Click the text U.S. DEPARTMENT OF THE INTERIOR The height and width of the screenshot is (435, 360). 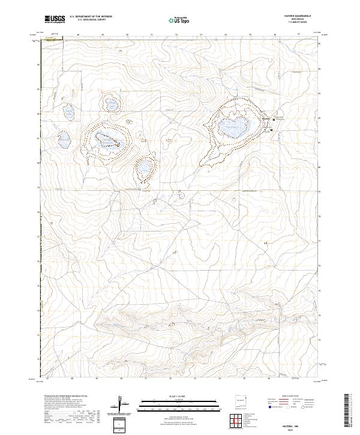point(91,17)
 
